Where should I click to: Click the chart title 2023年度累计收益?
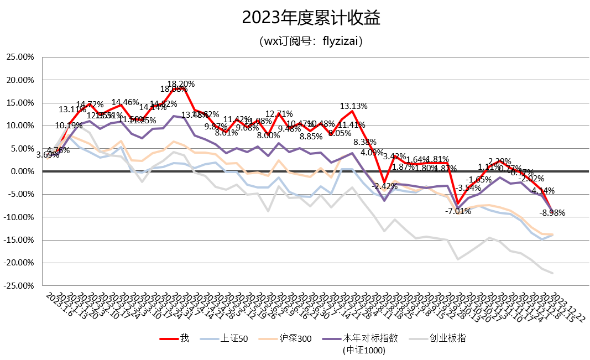(311, 18)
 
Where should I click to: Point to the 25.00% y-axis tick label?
(19, 57)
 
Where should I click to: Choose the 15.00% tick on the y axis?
(19, 103)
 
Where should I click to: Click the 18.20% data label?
(181, 84)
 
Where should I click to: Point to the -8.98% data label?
(552, 213)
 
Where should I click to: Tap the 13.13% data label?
(353, 106)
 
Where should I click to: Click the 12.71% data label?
(279, 114)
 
